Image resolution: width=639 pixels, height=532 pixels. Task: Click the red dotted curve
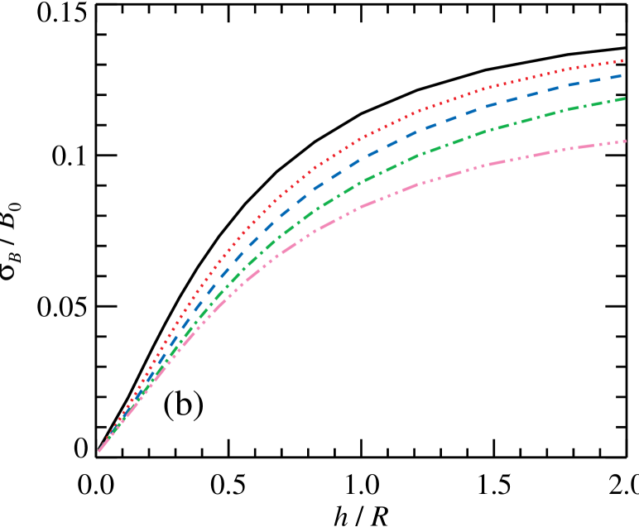pyautogui.click(x=430, y=107)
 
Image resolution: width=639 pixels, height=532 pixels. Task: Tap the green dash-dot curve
pyautogui.click(x=430, y=149)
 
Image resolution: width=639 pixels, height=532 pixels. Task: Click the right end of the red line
pyautogui.click(x=622, y=60)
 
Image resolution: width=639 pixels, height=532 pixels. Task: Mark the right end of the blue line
pyautogui.click(x=622, y=75)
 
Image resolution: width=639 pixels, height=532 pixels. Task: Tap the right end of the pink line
pyautogui.click(x=625, y=141)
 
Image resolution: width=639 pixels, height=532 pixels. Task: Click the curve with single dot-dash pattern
pyautogui.click(x=364, y=178)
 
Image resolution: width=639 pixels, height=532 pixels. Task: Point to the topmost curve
pyautogui.click(x=497, y=84)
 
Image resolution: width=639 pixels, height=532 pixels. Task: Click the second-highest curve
pyautogui.click(x=497, y=103)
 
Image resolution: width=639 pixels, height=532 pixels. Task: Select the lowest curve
pyautogui.click(x=497, y=163)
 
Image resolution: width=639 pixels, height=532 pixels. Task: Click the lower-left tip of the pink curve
pyautogui.click(x=99, y=451)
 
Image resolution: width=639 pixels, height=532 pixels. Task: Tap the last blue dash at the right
pyautogui.click(x=616, y=76)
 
